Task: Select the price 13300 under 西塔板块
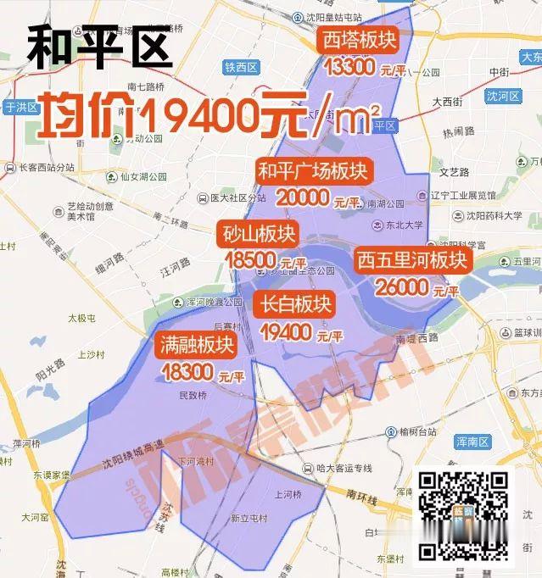pyautogui.click(x=347, y=68)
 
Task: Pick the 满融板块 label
pyautogui.click(x=195, y=344)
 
